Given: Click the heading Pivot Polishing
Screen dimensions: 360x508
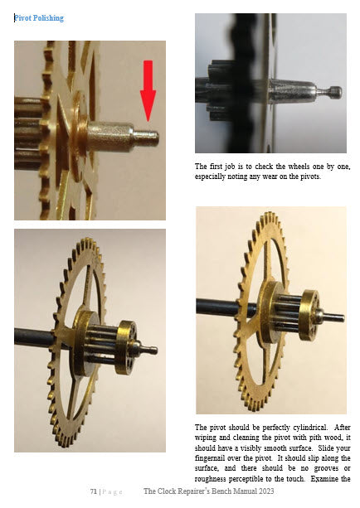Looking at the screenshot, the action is click(39, 18).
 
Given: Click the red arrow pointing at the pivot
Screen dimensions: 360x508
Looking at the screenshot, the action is click(148, 90).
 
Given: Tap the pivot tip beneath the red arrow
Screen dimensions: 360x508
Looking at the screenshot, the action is click(147, 138).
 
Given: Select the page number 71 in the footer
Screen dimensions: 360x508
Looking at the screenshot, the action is click(94, 491).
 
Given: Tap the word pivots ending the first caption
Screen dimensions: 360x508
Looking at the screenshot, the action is click(311, 177).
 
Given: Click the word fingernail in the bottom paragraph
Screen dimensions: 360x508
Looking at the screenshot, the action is click(211, 458).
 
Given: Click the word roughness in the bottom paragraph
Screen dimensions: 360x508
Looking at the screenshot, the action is click(210, 479).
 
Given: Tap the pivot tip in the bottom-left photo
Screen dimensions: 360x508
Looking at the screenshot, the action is click(150, 350).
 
